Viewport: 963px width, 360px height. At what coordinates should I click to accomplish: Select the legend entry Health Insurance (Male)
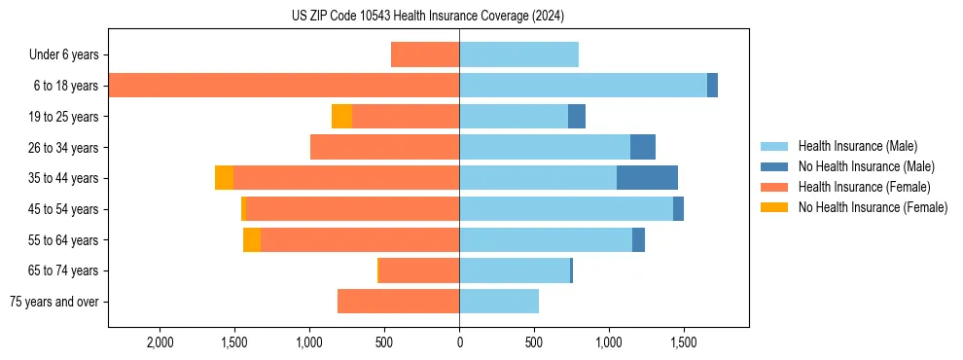tap(857, 146)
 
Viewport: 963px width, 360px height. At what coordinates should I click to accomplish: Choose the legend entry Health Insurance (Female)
tap(864, 187)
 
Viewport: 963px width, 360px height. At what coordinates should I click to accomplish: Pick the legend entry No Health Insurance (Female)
tap(873, 207)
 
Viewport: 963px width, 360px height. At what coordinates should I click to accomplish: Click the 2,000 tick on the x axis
tap(160, 342)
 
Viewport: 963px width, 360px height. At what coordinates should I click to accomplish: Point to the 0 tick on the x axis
tap(459, 342)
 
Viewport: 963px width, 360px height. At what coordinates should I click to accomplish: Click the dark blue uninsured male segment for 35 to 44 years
tap(647, 178)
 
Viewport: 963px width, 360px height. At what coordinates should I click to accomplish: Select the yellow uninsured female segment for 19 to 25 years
tap(341, 117)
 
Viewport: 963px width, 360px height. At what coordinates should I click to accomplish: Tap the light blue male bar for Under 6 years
tap(518, 54)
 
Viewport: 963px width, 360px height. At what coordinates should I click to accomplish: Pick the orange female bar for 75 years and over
tap(398, 302)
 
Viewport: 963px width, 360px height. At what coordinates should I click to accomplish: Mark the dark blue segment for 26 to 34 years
tap(643, 147)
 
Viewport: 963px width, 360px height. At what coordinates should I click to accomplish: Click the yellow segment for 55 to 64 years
tap(252, 239)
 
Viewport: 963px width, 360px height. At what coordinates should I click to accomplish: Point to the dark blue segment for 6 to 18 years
tap(712, 86)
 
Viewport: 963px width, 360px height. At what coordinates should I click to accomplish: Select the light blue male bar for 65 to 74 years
tap(515, 270)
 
